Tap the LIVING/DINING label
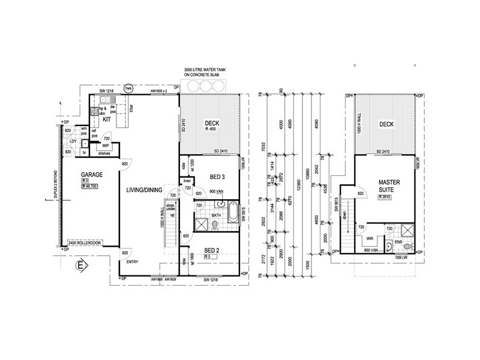(144, 190)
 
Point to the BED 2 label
(214, 250)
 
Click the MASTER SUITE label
(385, 185)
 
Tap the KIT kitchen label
(107, 119)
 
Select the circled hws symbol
(128, 88)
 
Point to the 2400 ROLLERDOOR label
(88, 242)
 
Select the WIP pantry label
(104, 146)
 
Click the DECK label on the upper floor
(386, 125)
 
